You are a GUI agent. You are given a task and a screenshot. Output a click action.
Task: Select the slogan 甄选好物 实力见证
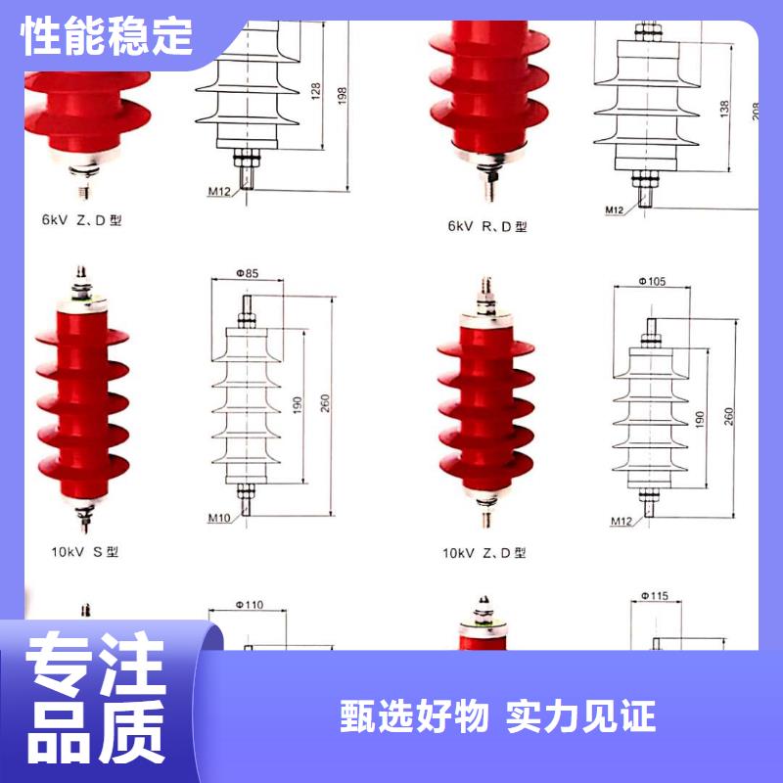[497, 715]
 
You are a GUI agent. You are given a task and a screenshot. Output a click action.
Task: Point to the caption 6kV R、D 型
[487, 226]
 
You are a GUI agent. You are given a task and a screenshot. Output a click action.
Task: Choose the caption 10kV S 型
[85, 551]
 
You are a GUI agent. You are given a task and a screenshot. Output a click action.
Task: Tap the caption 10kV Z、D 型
[484, 553]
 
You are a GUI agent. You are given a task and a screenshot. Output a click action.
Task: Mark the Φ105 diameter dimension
[652, 282]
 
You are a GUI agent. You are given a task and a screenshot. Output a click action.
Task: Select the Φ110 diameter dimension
[251, 606]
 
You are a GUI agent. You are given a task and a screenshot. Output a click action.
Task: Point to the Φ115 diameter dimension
[654, 595]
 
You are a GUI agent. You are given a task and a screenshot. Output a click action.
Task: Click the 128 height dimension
[315, 92]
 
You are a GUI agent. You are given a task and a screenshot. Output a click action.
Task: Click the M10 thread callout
[218, 518]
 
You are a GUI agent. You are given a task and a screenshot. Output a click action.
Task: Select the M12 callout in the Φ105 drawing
[621, 519]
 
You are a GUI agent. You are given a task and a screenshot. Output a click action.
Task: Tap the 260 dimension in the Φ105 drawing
[729, 418]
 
